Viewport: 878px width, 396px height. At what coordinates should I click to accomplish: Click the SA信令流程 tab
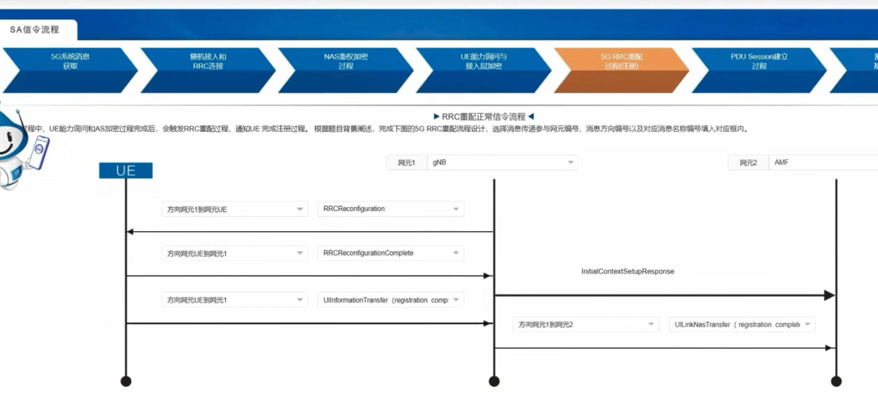click(x=35, y=30)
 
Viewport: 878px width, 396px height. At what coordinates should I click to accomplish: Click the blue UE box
click(x=126, y=171)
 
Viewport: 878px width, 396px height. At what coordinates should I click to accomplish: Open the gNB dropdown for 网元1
click(x=502, y=163)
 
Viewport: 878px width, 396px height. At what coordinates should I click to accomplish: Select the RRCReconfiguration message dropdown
click(x=391, y=209)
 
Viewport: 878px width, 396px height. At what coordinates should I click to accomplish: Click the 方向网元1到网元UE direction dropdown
click(x=235, y=209)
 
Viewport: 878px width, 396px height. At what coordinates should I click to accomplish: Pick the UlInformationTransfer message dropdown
click(x=391, y=300)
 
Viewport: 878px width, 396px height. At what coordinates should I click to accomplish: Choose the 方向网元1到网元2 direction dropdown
click(x=585, y=324)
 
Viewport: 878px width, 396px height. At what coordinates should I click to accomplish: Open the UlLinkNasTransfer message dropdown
click(x=742, y=324)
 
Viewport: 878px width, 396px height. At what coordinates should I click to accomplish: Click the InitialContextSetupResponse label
click(x=627, y=271)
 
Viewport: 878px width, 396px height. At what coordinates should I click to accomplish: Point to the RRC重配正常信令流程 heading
click(x=483, y=117)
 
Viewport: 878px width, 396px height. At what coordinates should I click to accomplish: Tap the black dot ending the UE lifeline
click(x=126, y=381)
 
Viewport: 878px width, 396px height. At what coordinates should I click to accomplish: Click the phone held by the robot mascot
click(x=39, y=152)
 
